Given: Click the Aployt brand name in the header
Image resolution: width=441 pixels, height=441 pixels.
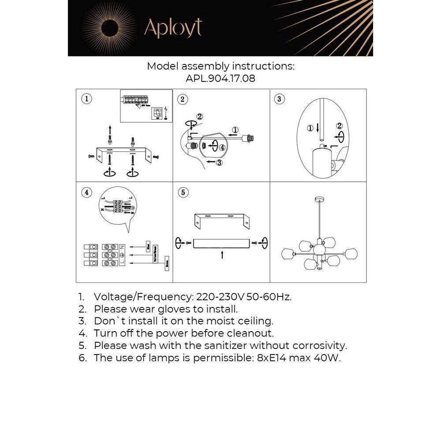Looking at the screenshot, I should (173, 28).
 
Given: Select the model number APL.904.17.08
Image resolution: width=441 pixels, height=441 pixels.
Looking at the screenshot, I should (220, 79).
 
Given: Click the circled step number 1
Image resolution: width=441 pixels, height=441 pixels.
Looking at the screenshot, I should (87, 99).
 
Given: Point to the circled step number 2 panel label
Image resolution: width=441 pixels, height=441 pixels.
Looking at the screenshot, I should (183, 99).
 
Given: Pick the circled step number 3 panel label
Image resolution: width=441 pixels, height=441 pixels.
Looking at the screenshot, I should (279, 99).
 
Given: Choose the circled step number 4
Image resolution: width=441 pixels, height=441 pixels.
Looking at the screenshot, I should (87, 192).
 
